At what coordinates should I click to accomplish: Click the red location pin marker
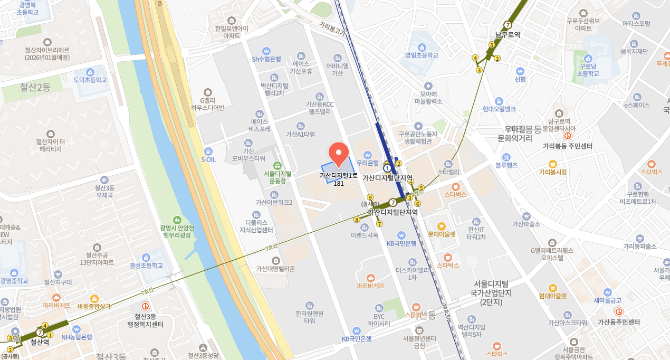pos(339,153)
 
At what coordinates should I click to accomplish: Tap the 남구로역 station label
pos(508,35)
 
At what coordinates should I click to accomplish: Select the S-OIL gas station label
pos(208,159)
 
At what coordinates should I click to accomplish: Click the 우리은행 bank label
pos(368,163)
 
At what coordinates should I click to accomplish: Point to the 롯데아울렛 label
pos(442,234)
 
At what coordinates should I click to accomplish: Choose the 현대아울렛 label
pos(552,296)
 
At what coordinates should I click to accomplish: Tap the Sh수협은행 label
pos(266,59)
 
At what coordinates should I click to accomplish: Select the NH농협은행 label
pos(76,337)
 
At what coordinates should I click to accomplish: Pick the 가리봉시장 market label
pos(552,172)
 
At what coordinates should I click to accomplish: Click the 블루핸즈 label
pos(506,165)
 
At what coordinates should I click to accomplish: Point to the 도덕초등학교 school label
pos(90,80)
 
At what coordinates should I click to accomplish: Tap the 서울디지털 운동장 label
pos(277,177)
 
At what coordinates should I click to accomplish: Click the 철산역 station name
pos(40,342)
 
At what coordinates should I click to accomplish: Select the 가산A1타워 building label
pos(300,134)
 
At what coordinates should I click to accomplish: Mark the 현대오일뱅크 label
pos(499,109)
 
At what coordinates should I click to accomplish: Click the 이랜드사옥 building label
pos(365,235)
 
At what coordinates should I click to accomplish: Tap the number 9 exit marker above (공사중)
pos(370,197)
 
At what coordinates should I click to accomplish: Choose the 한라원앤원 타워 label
pos(309,317)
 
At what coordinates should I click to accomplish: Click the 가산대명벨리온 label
pos(275,268)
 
